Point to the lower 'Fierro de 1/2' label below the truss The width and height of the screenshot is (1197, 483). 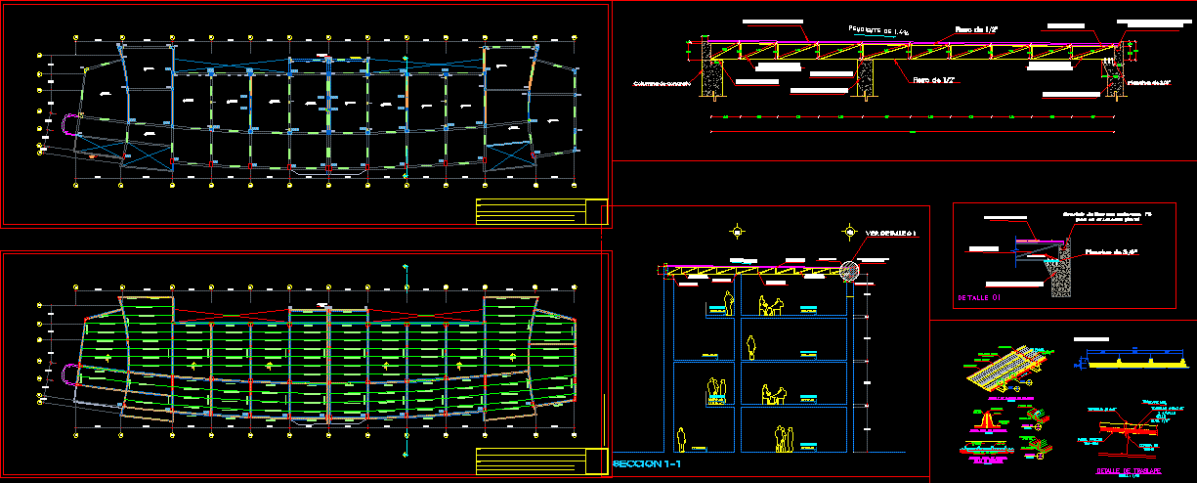click(x=934, y=80)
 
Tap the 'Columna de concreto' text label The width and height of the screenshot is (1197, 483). click(x=662, y=83)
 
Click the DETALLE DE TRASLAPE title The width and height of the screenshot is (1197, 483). click(x=1123, y=471)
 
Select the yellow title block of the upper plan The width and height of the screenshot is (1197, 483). click(x=540, y=211)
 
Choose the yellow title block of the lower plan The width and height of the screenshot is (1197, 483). click(x=540, y=461)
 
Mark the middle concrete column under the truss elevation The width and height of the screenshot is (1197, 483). click(x=864, y=78)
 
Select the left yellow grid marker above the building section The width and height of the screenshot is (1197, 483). click(x=738, y=232)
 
